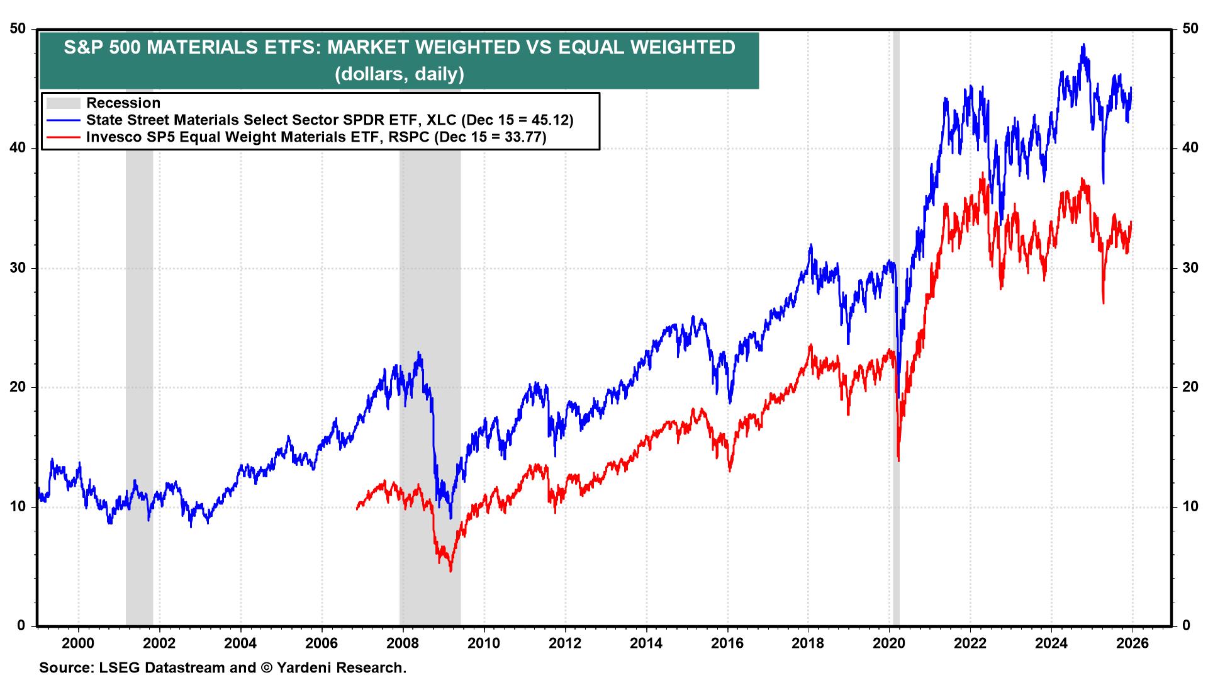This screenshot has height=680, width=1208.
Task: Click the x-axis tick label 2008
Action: point(402,643)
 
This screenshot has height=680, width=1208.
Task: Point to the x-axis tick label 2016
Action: point(727,643)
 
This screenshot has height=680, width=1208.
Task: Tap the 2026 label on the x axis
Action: point(1132,643)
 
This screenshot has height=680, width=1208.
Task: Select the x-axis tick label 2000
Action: point(78,643)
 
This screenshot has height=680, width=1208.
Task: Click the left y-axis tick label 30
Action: point(19,268)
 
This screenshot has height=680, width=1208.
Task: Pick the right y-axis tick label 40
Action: point(1189,149)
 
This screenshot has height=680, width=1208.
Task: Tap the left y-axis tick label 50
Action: point(19,29)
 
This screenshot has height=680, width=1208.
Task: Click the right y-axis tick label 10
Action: point(1189,507)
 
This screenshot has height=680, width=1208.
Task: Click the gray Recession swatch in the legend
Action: point(64,103)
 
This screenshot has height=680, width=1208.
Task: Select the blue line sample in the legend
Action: point(64,120)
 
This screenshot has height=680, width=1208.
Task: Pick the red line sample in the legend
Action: point(64,137)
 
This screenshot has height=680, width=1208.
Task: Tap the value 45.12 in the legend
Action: point(550,120)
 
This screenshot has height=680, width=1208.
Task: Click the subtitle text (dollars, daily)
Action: point(400,74)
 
